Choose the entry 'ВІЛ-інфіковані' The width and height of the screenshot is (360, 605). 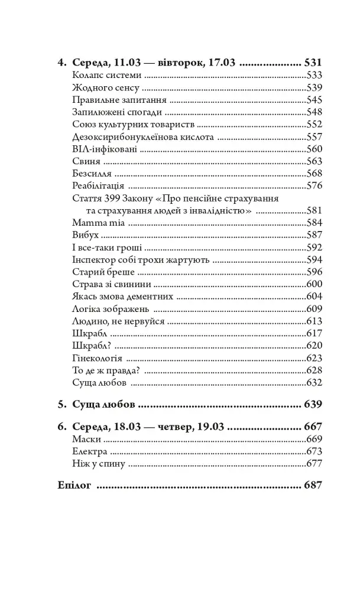[x=103, y=149]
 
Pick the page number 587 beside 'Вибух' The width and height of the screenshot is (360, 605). [x=313, y=235]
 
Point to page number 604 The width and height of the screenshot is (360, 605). [x=313, y=297]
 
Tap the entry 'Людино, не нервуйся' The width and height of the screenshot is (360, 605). [x=118, y=321]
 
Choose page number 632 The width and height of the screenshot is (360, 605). [x=313, y=383]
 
